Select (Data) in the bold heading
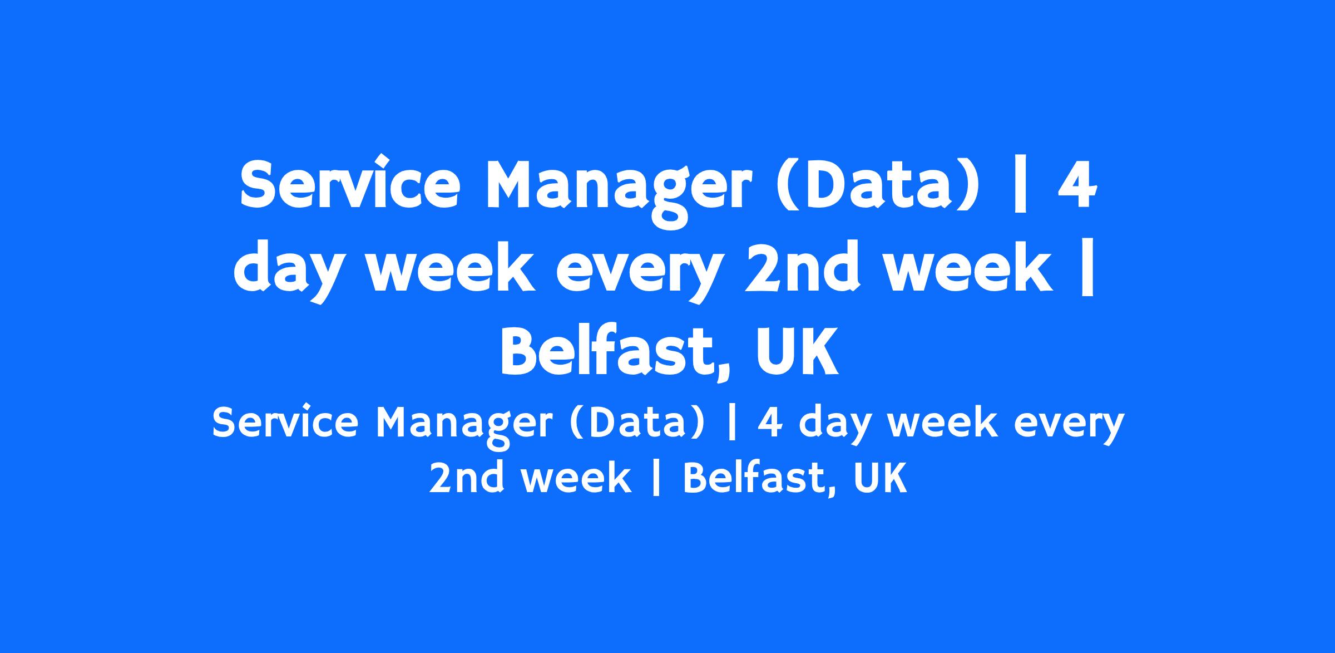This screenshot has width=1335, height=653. pos(876,185)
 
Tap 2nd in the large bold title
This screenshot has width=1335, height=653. pos(802,269)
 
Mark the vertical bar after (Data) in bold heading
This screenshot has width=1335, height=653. pos(1020,185)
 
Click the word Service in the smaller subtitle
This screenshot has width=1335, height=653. pos(285,421)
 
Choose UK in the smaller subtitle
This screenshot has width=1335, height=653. pos(880,478)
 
